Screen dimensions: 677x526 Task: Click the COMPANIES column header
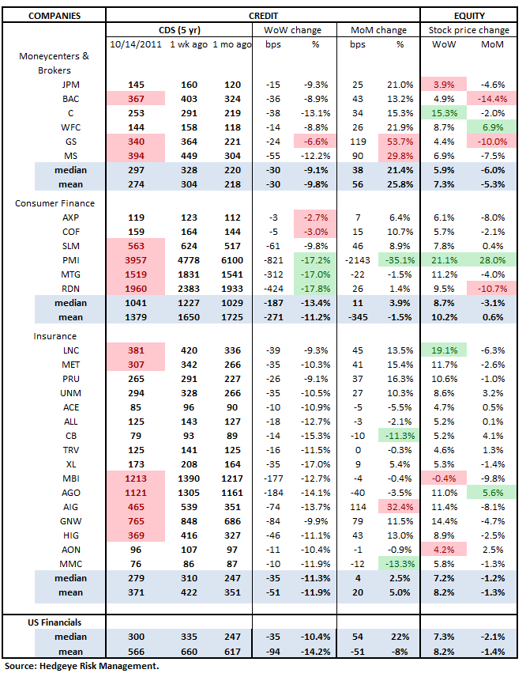[53, 15]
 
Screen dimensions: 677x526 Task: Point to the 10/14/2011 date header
[135, 44]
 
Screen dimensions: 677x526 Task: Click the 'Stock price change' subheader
[470, 30]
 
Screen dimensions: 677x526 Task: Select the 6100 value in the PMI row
[226, 259]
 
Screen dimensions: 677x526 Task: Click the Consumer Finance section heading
[55, 203]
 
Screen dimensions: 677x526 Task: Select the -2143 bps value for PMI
[357, 259]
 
